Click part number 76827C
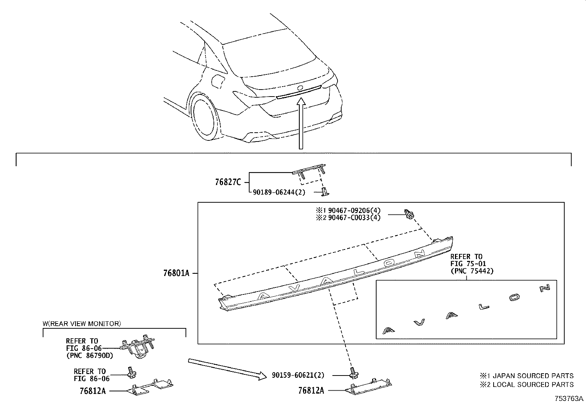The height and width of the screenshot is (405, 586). (x=228, y=182)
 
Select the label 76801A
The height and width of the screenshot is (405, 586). (x=176, y=273)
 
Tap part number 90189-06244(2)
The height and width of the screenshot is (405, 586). (x=279, y=192)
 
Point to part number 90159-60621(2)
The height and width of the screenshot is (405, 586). (x=298, y=375)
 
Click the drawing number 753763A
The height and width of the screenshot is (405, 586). (x=569, y=399)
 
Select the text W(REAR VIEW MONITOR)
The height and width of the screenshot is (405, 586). (x=81, y=324)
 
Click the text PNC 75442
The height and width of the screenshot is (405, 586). (x=472, y=271)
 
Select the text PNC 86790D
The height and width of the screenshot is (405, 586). (x=89, y=356)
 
